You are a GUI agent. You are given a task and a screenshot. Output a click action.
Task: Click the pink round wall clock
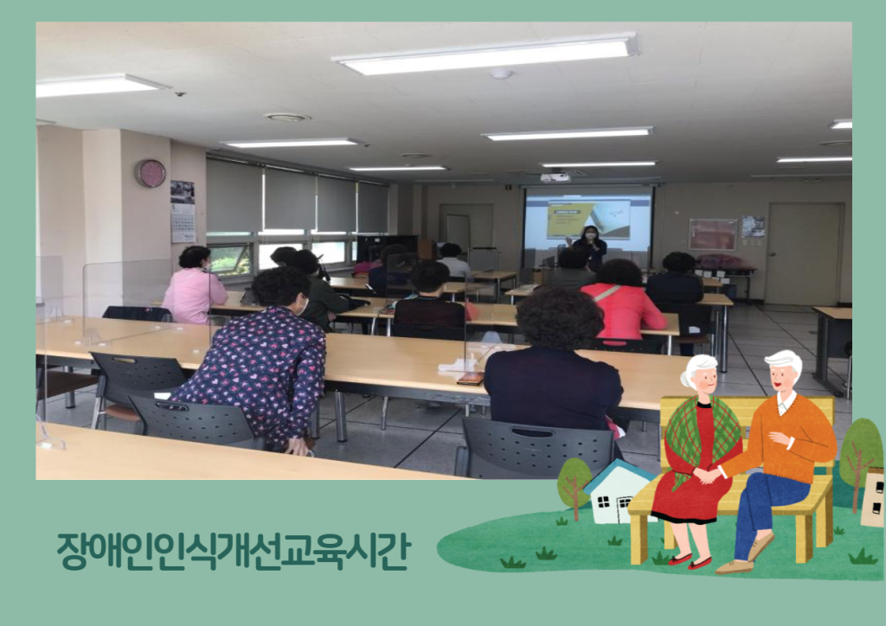coord(151,173)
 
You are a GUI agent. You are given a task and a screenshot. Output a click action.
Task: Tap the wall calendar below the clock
coord(183,212)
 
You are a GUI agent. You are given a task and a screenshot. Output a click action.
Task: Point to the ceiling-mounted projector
coord(555,178)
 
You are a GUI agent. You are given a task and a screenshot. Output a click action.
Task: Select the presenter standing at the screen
coord(589,247)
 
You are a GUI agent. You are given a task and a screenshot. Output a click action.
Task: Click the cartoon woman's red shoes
coord(690,560)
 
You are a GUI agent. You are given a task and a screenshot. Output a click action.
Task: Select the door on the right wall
coord(804,253)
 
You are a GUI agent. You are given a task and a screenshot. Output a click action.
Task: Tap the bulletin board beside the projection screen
coord(713,234)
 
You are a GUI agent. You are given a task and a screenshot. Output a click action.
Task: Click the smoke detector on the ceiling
coord(501,74)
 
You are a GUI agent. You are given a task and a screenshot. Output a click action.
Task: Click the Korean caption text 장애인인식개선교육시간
coord(234,551)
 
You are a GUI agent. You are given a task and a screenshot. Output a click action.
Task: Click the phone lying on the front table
coord(470,378)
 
